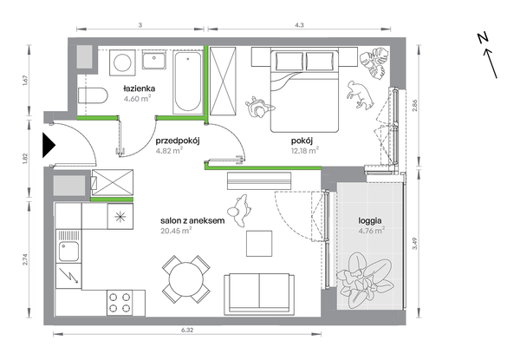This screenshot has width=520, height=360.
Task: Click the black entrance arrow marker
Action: click(49, 145)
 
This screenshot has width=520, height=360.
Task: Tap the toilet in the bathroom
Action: click(94, 95)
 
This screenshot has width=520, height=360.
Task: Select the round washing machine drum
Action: click(122, 62)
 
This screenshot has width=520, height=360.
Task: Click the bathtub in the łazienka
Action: click(188, 82)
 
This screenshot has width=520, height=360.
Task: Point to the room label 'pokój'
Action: click(302, 141)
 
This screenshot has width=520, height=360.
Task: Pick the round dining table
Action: click(186, 279)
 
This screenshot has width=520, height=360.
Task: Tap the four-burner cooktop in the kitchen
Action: click(120, 303)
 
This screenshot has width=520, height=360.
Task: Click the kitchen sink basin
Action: click(68, 252)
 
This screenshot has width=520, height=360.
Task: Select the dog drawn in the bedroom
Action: click(361, 95)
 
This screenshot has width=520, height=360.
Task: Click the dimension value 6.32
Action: click(187, 330)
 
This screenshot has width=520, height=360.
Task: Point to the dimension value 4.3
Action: click(299, 25)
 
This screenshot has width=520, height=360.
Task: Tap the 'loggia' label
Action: click(370, 220)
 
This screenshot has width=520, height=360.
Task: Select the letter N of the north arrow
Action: click(484, 38)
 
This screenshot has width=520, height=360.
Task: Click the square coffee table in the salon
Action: click(259, 244)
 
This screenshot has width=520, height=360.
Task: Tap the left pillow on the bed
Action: click(289, 61)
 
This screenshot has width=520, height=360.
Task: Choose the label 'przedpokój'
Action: click(178, 141)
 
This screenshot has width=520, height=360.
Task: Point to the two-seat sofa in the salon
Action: click(259, 294)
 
